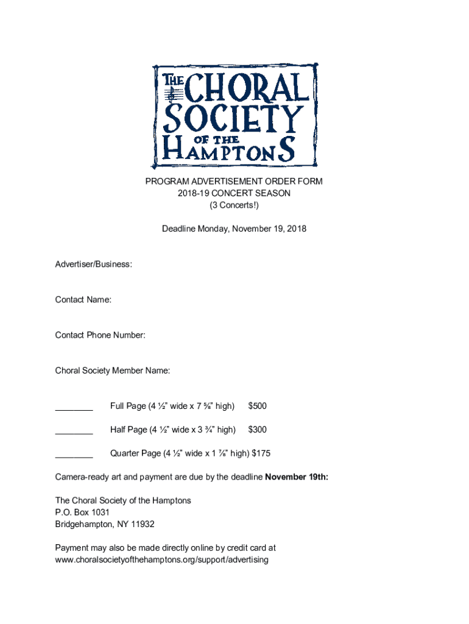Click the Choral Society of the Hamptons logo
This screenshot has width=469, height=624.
point(234,115)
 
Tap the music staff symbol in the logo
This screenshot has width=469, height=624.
point(173,93)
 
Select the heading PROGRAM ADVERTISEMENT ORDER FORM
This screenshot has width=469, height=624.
point(234,182)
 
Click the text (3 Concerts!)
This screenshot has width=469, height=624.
point(234,205)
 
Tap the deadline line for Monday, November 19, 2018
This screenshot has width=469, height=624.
point(234,229)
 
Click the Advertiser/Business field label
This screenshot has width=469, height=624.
point(93,264)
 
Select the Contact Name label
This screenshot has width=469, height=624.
point(83,300)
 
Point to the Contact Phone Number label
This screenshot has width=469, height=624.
point(100,335)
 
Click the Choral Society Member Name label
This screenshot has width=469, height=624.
point(113,370)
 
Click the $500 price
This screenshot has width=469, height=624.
point(257,406)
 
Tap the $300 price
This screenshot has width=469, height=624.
point(257,430)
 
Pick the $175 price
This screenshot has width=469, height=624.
point(261,453)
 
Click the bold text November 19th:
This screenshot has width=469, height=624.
point(297,477)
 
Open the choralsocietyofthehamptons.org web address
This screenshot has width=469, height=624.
point(161,559)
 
